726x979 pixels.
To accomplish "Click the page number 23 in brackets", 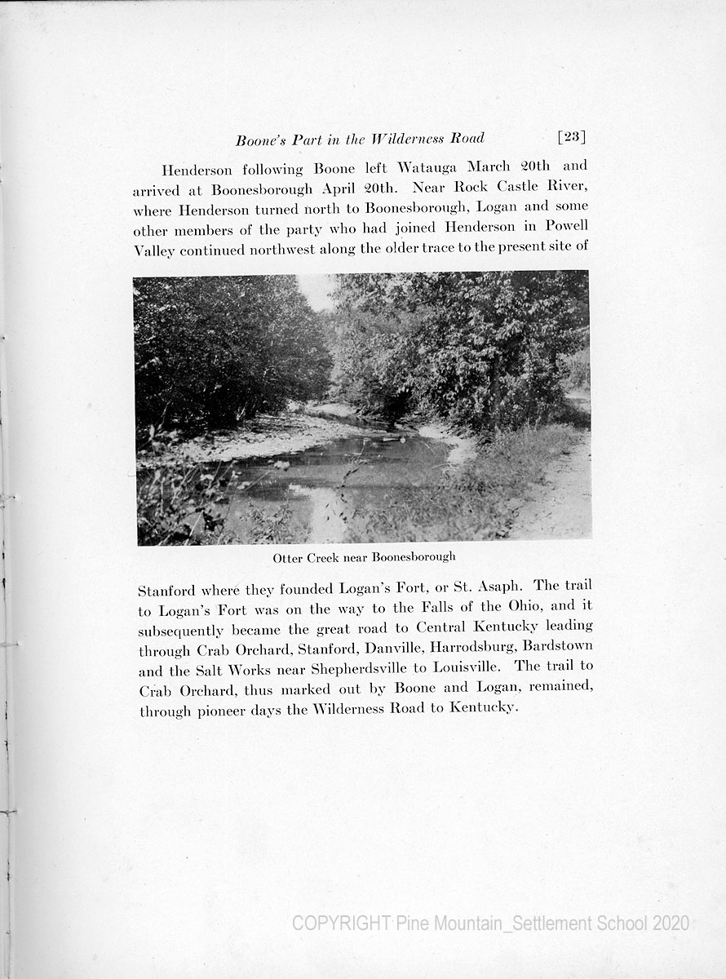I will coord(572,137).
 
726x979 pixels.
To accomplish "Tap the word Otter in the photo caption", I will coord(287,558).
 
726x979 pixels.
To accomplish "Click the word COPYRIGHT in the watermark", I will coord(341,924).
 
